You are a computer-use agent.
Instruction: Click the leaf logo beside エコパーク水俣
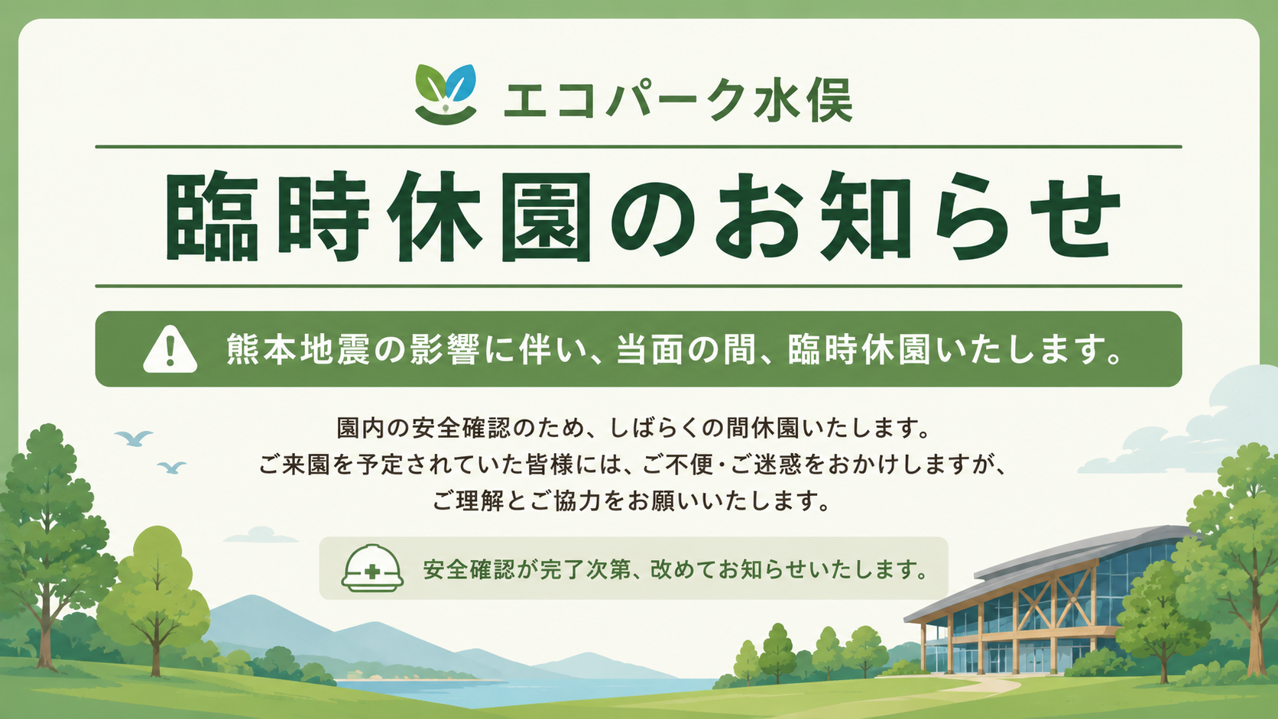tap(446, 94)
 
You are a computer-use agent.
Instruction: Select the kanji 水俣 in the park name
tap(802, 100)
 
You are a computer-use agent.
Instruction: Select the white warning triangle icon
tap(170, 349)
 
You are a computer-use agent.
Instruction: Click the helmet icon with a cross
tap(372, 568)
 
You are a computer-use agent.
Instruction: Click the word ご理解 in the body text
tap(468, 501)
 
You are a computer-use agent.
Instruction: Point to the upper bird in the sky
tap(134, 438)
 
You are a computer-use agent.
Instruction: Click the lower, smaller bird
tap(172, 468)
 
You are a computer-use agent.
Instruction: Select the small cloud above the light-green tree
tap(260, 536)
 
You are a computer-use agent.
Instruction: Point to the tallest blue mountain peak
tap(248, 598)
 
